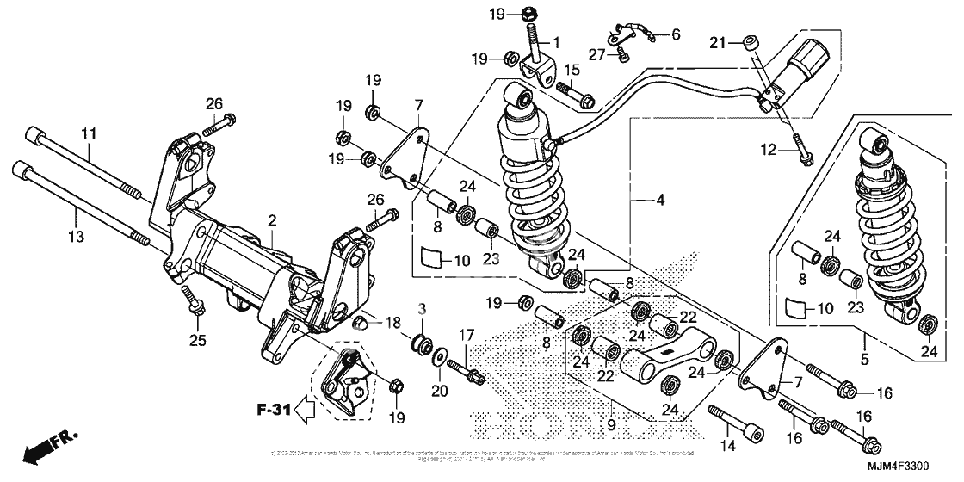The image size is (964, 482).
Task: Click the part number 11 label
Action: tap(88, 133)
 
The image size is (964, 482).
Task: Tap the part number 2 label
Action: tap(271, 221)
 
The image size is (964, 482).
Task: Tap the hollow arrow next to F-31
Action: tap(305, 413)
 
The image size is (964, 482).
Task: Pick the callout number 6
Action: tap(675, 34)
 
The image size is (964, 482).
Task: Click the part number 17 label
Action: tap(466, 334)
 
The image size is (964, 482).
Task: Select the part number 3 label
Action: tap(422, 308)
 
